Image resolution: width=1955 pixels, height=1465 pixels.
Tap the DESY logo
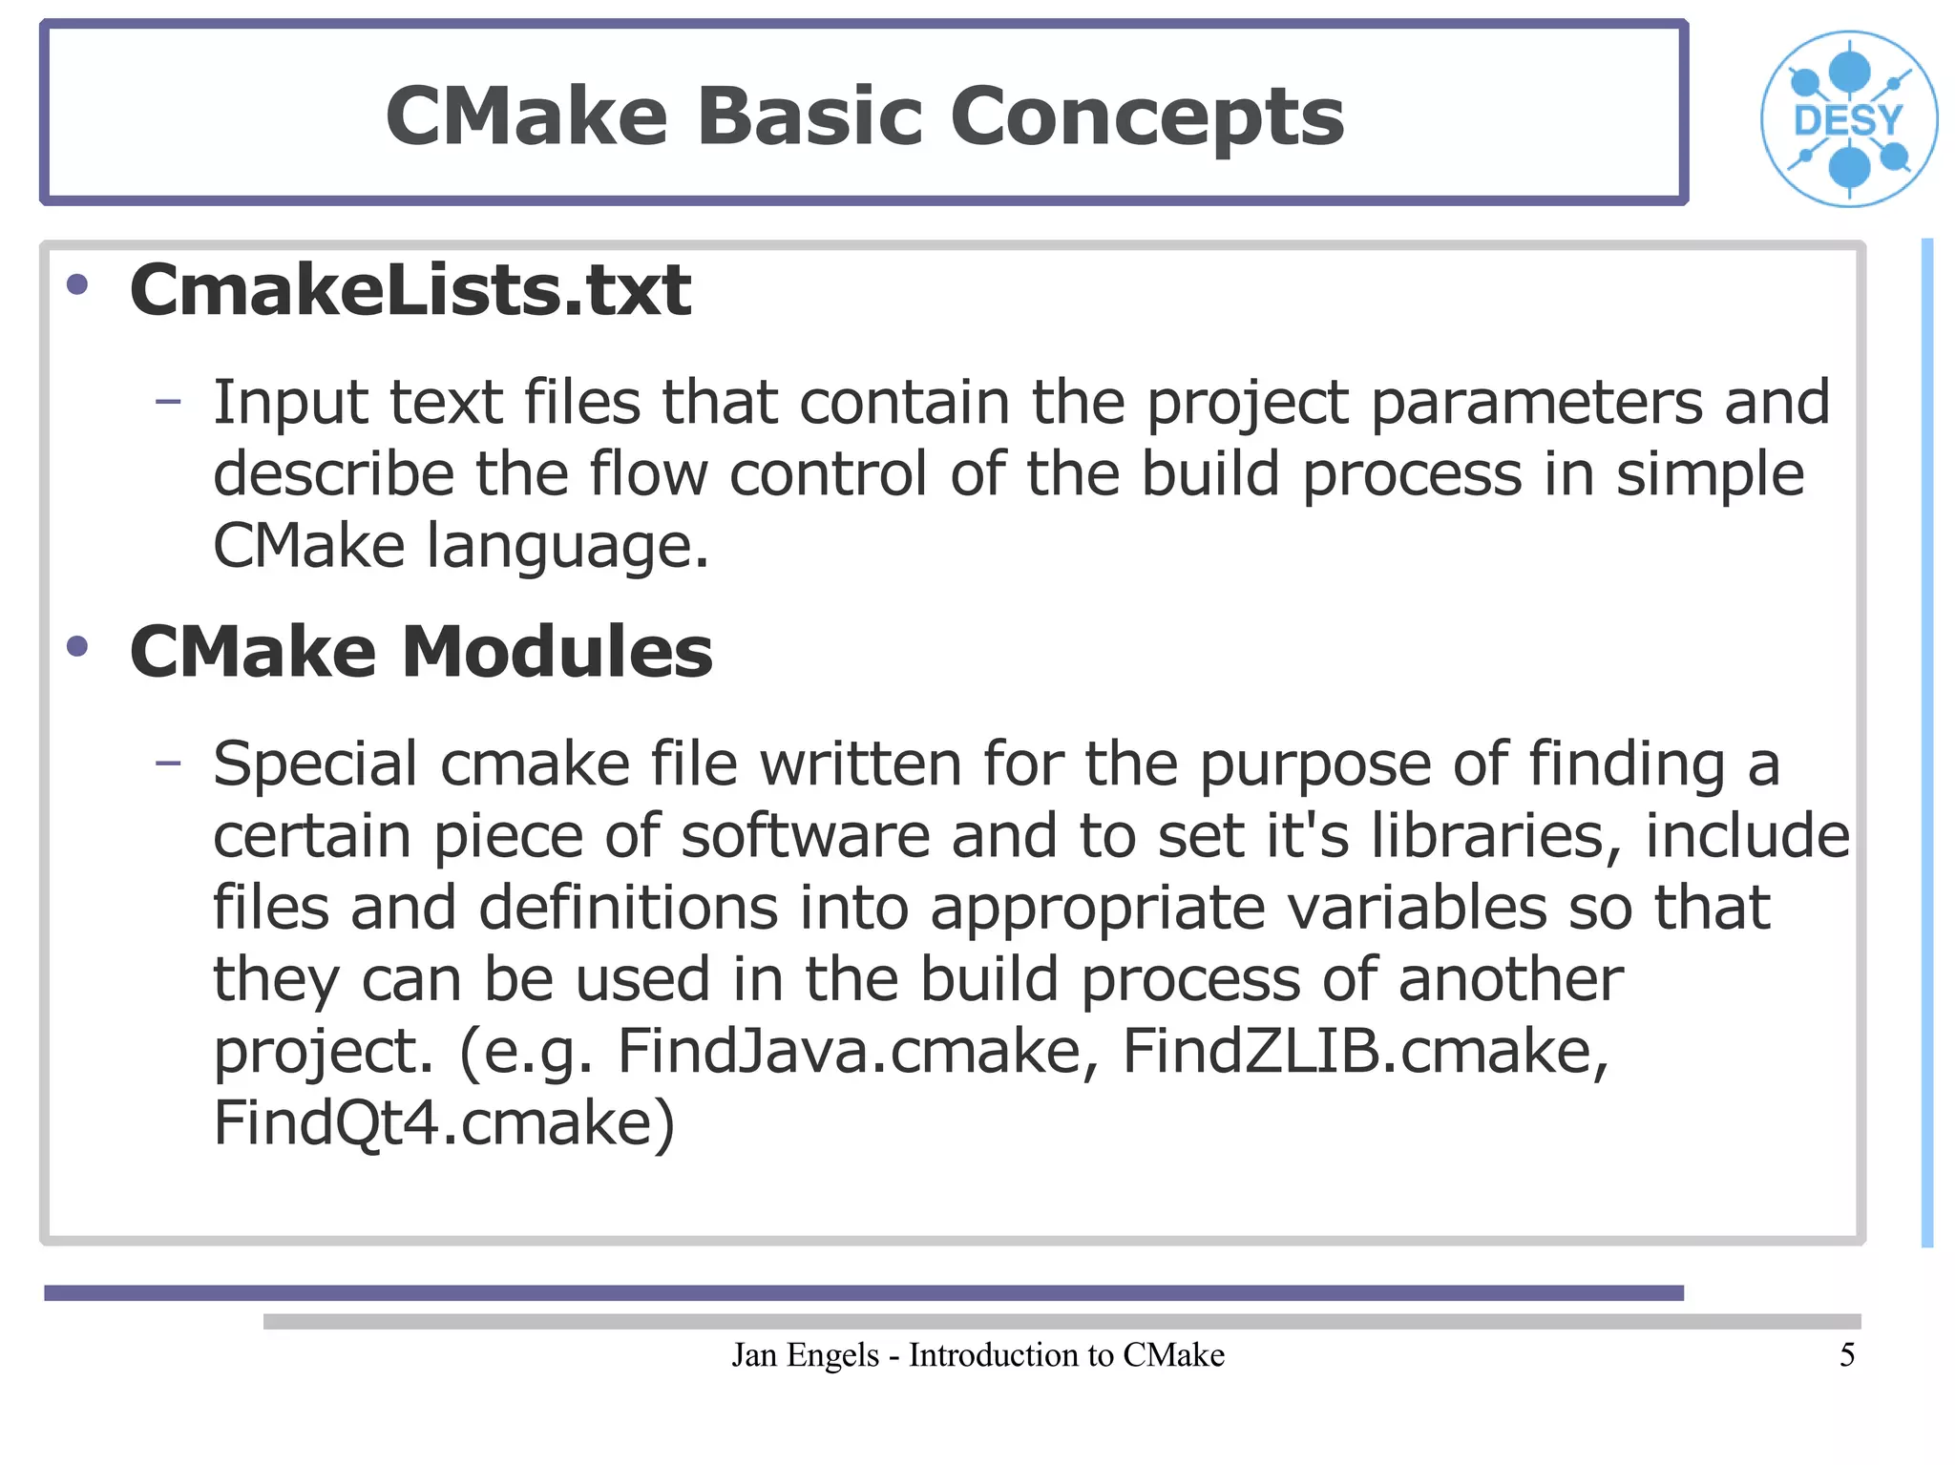point(1848,119)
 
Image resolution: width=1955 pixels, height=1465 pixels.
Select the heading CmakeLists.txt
point(410,290)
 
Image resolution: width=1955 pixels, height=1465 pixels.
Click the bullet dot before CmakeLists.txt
point(77,284)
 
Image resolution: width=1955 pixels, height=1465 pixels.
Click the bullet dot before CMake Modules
point(77,647)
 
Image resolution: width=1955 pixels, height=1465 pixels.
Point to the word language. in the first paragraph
point(567,546)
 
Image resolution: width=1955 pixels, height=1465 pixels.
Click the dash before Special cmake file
point(168,763)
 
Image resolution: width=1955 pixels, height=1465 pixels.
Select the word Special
point(315,765)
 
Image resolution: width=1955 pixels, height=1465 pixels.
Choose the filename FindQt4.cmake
point(443,1123)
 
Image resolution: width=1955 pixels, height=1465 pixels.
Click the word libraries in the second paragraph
point(1496,836)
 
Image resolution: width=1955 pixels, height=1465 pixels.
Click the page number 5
point(1847,1355)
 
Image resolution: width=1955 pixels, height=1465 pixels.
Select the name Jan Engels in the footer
point(805,1355)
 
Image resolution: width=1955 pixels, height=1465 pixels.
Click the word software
point(805,836)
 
